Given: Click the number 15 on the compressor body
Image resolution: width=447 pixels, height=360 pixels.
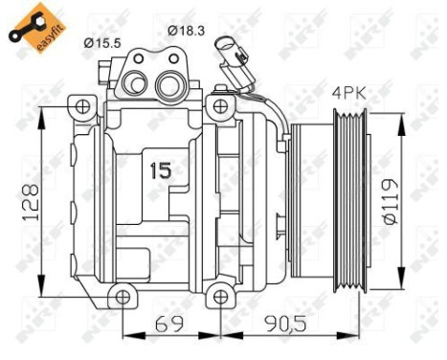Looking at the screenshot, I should pyautogui.click(x=161, y=171).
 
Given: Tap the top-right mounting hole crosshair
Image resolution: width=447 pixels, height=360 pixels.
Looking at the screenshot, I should pyautogui.click(x=222, y=102).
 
